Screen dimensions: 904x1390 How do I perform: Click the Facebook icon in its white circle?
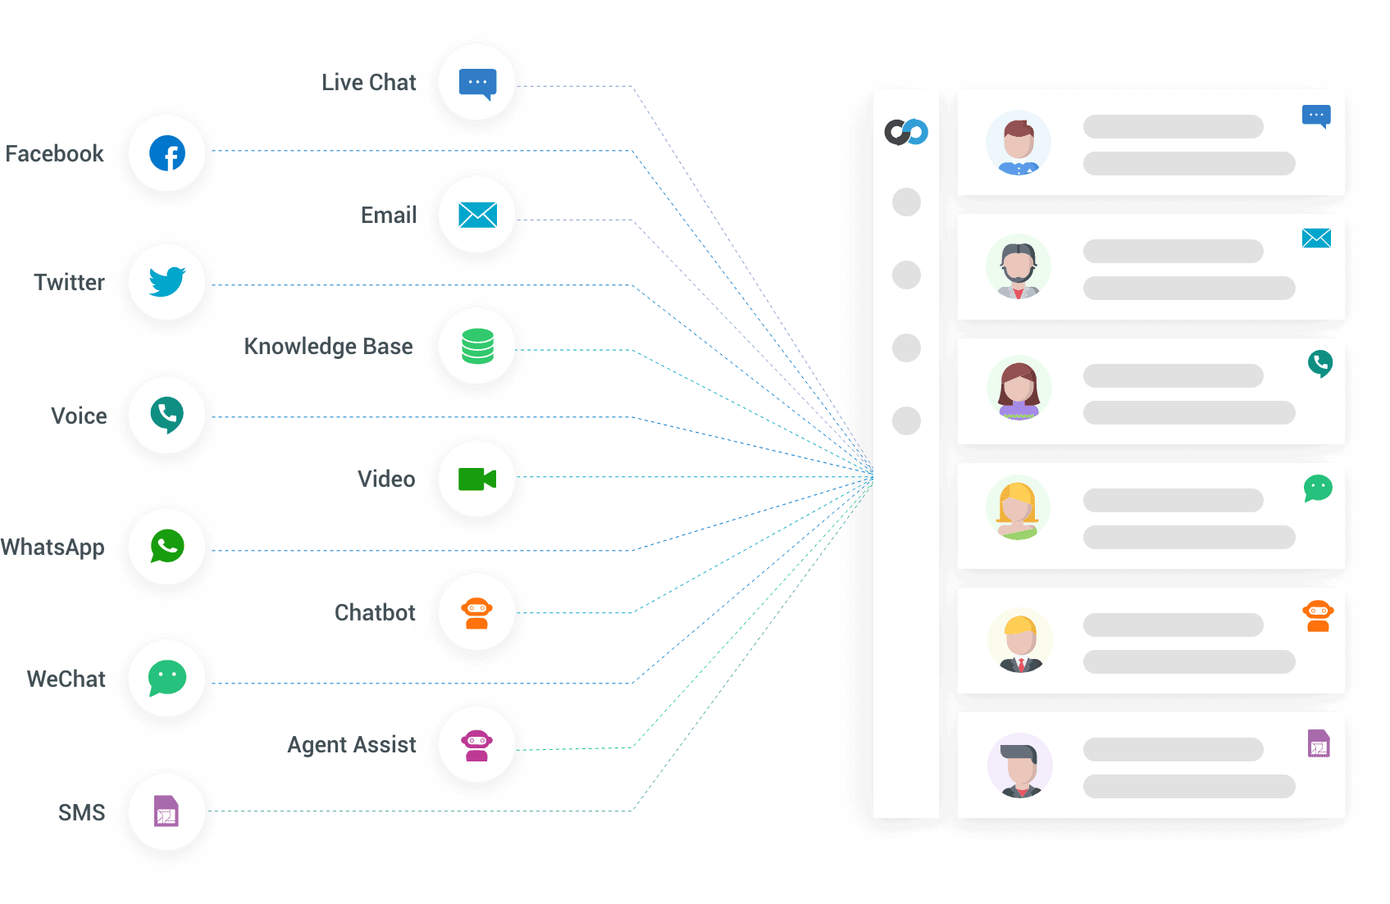point(167,153)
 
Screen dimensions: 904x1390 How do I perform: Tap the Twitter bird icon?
point(167,282)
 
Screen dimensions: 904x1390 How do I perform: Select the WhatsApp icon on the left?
point(167,547)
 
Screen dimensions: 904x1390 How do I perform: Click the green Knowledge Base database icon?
point(477,346)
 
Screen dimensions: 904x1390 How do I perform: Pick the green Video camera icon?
point(477,479)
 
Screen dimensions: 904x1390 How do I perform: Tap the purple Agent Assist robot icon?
point(477,745)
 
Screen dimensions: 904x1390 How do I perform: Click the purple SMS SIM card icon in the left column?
point(166,811)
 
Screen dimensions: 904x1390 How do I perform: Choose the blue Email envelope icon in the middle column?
point(477,215)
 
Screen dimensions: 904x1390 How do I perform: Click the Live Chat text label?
point(370,83)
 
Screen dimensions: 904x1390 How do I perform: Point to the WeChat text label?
point(66,679)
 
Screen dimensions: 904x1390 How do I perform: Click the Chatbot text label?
point(376,613)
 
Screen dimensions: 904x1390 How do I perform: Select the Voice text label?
point(79,416)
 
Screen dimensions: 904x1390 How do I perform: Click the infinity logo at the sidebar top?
point(906,132)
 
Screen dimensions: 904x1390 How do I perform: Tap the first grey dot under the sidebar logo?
point(906,202)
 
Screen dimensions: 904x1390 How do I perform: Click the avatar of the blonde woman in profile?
point(1018,508)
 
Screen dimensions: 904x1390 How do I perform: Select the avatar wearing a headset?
point(1018,267)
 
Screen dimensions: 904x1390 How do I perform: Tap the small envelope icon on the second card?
point(1316,238)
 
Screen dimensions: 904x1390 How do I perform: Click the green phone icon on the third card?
point(1320,363)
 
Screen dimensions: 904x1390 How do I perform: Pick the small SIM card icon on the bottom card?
point(1319,743)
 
